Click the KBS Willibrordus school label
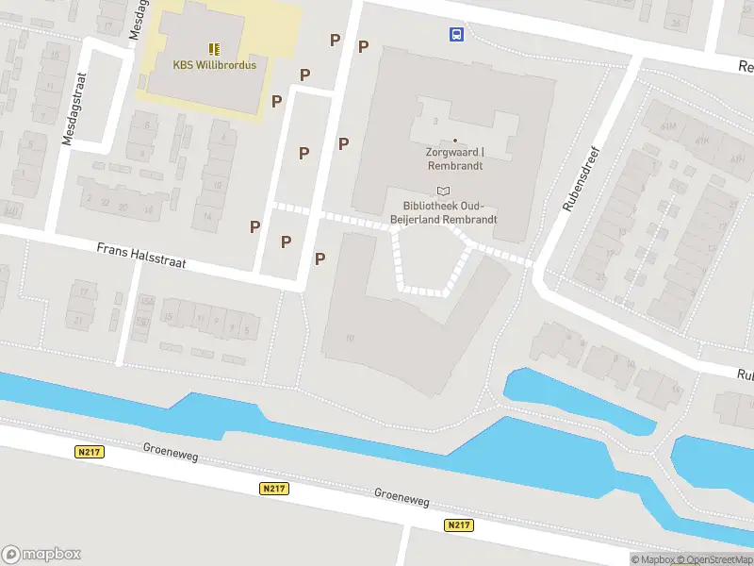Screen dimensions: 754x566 pyautogui.click(x=214, y=65)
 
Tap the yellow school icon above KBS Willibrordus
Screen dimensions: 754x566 pyautogui.click(x=214, y=47)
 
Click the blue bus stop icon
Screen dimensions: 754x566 pyautogui.click(x=456, y=35)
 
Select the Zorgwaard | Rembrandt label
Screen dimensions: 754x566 pyautogui.click(x=455, y=158)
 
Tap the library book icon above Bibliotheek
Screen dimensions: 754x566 pyautogui.click(x=443, y=191)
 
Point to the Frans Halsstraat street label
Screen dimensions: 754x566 pyautogui.click(x=140, y=256)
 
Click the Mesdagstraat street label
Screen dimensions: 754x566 pyautogui.click(x=67, y=110)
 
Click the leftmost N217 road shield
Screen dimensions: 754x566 pyautogui.click(x=89, y=452)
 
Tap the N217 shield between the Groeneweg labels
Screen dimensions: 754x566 pyautogui.click(x=274, y=488)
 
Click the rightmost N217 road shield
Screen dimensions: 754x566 pyautogui.click(x=459, y=524)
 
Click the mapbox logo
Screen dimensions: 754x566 pyautogui.click(x=42, y=554)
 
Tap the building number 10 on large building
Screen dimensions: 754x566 pyautogui.click(x=350, y=338)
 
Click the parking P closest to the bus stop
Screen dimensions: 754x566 pyautogui.click(x=363, y=45)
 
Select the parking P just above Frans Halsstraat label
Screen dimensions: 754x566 pyautogui.click(x=254, y=226)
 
